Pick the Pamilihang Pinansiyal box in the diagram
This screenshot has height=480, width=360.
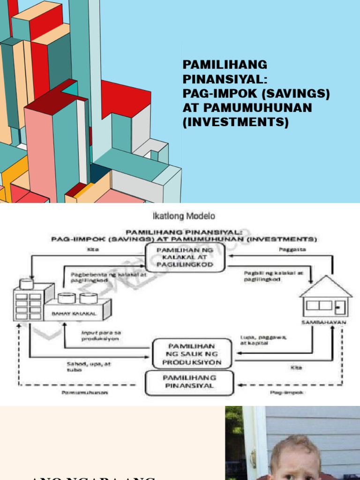click(x=189, y=382)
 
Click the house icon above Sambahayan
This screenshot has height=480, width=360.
click(x=326, y=298)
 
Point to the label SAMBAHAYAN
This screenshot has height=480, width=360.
click(x=323, y=322)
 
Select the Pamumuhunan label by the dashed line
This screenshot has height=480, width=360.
click(x=84, y=393)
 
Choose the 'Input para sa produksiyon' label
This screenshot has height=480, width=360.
click(x=101, y=334)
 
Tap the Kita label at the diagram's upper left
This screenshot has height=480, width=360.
click(x=93, y=250)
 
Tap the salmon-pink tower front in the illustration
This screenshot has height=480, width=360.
click(x=39, y=150)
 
